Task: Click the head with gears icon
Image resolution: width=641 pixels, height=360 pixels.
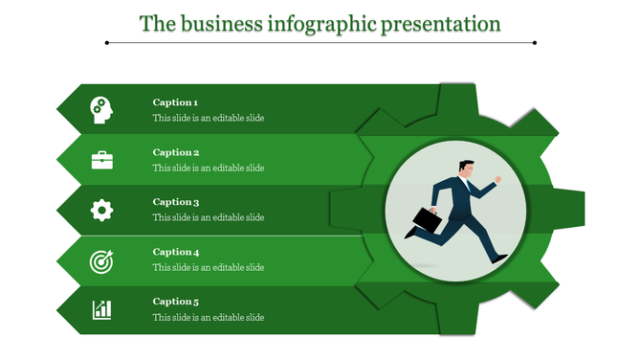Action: (101, 110)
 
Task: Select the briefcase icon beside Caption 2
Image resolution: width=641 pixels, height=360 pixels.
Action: (101, 160)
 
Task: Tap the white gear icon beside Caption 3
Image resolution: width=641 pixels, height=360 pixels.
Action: (101, 210)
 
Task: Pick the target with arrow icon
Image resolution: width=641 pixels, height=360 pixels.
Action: (101, 259)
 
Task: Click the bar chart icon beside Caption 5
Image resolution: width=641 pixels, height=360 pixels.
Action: (101, 309)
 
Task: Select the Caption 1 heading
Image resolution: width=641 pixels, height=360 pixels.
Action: (175, 102)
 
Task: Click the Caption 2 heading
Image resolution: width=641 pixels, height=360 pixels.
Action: (175, 152)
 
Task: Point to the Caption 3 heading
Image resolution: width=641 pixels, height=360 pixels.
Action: (175, 202)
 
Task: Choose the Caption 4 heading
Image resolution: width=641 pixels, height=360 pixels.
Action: (175, 252)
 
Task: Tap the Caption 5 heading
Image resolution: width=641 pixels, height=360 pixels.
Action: (175, 302)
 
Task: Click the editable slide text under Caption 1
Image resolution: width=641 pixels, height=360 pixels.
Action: (208, 119)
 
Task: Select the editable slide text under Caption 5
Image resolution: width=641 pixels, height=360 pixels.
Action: (208, 318)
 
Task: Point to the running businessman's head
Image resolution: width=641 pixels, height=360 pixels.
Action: (465, 167)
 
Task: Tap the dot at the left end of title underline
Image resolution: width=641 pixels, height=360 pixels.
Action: (107, 42)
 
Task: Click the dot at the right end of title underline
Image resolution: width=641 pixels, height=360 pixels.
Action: (534, 42)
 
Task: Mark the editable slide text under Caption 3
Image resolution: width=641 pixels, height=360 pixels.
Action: (208, 218)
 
